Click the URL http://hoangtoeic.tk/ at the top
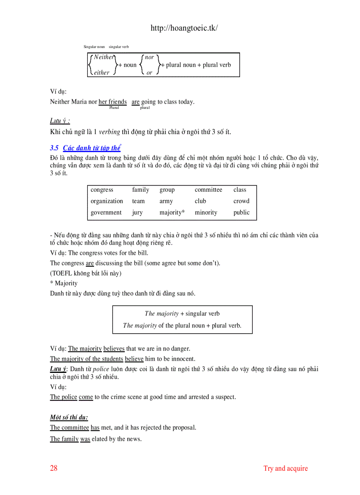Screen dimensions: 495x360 pyautogui.click(x=184, y=28)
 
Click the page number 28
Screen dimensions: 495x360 pyautogui.click(x=54, y=468)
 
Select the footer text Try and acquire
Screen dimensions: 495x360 pyautogui.click(x=285, y=468)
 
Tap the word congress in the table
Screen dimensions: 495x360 pyautogui.click(x=102, y=190)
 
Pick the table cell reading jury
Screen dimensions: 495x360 pyautogui.click(x=137, y=212)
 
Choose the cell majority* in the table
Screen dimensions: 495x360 pyautogui.click(x=172, y=212)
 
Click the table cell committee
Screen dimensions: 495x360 pyautogui.click(x=208, y=190)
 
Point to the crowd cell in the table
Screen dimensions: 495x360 pyautogui.click(x=241, y=201)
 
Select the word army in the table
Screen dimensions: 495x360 pyautogui.click(x=166, y=201)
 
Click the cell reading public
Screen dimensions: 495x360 pyautogui.click(x=241, y=212)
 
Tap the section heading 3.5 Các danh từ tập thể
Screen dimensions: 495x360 pyautogui.click(x=86, y=148)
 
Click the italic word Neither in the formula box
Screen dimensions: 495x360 pyautogui.click(x=104, y=57)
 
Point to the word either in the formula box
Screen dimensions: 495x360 pyautogui.click(x=101, y=73)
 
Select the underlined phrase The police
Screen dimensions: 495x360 pyautogui.click(x=64, y=397)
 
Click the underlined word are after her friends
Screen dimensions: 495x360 pyautogui.click(x=135, y=102)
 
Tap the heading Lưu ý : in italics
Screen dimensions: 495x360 pyautogui.click(x=60, y=121)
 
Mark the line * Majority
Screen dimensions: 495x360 pyautogui.click(x=64, y=283)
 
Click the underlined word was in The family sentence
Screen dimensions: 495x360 pyautogui.click(x=85, y=439)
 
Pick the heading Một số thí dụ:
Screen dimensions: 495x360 pyautogui.click(x=69, y=417)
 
